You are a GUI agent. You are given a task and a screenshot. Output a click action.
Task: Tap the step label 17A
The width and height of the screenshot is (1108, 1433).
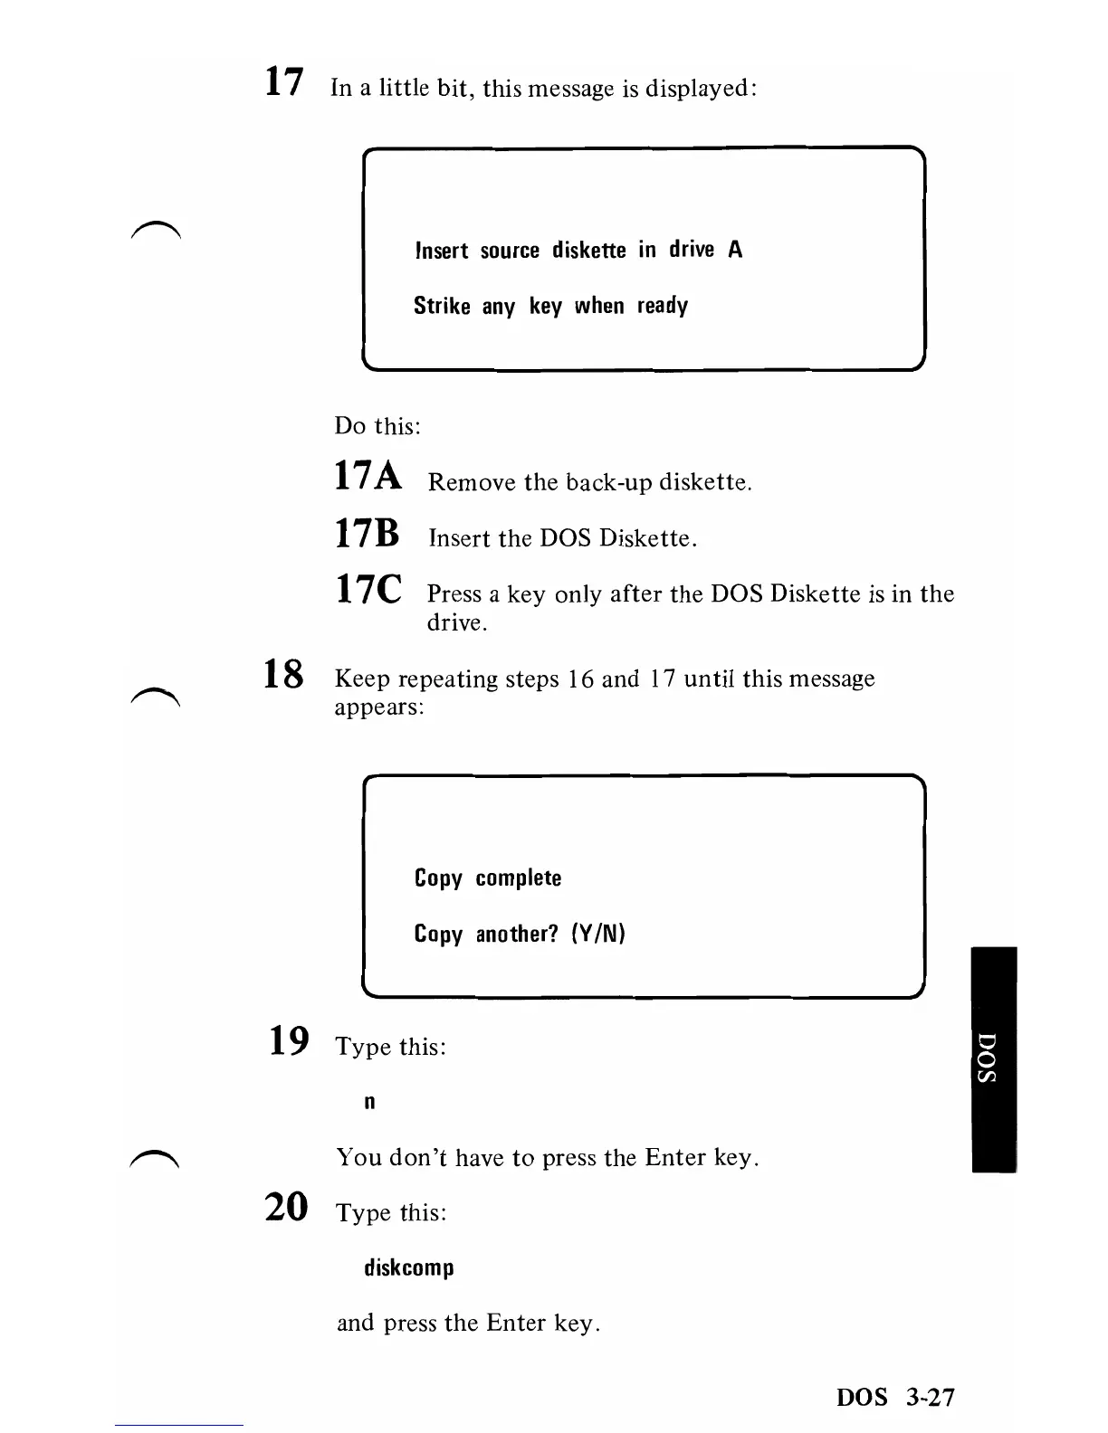tap(368, 476)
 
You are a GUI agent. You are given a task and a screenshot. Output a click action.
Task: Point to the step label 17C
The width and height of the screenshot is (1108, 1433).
tap(368, 590)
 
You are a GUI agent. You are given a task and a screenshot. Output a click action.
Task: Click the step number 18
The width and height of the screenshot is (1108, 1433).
tap(283, 674)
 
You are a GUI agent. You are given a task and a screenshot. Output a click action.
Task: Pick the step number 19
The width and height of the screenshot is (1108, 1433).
tap(289, 1041)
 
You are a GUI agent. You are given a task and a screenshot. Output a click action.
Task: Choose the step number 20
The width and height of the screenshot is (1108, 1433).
tap(287, 1207)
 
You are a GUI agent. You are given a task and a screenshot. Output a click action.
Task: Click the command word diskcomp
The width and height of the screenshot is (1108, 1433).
tap(409, 1267)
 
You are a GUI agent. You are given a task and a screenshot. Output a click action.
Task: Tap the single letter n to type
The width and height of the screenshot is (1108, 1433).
tap(369, 1102)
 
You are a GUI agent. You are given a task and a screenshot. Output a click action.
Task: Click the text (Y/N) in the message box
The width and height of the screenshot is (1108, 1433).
tap(598, 934)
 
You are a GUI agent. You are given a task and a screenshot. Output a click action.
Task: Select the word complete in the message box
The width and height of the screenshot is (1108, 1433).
tap(519, 878)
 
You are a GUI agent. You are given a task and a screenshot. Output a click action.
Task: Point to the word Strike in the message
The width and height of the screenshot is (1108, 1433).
tap(442, 306)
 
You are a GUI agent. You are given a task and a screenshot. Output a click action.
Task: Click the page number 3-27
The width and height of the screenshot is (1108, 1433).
tap(929, 1398)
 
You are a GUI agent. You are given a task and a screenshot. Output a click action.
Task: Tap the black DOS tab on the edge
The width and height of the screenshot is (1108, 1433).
tap(993, 1058)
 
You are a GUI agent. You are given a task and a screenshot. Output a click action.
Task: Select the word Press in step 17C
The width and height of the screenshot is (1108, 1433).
tap(454, 594)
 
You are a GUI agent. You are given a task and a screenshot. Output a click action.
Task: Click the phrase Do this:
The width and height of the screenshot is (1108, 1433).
tap(377, 425)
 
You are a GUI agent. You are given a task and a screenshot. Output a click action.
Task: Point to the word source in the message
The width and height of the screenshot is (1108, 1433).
tap(510, 251)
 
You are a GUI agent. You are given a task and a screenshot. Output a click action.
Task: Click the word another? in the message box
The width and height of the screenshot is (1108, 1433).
tap(518, 934)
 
